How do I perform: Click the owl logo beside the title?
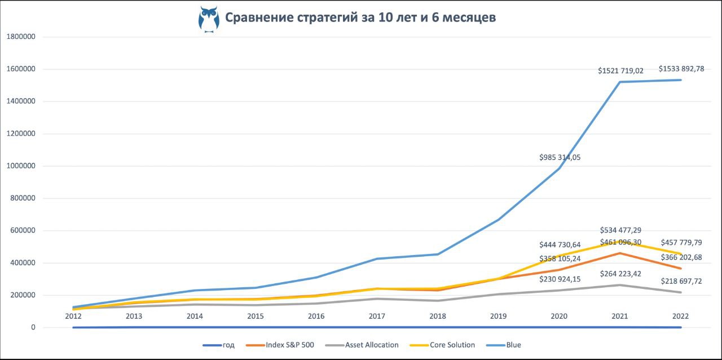209,19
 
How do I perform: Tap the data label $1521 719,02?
620,71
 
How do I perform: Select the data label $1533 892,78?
681,69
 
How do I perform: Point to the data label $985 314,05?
560,157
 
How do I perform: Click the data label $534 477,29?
620,230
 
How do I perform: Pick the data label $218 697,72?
681,281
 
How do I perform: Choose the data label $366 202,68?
681,257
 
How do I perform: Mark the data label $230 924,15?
560,279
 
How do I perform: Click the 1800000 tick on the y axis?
22,37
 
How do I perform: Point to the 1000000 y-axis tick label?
22,166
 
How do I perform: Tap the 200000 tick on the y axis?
24,295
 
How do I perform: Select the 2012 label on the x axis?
73,317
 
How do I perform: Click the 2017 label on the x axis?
377,317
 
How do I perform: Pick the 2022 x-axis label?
681,317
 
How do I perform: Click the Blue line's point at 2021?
620,82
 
